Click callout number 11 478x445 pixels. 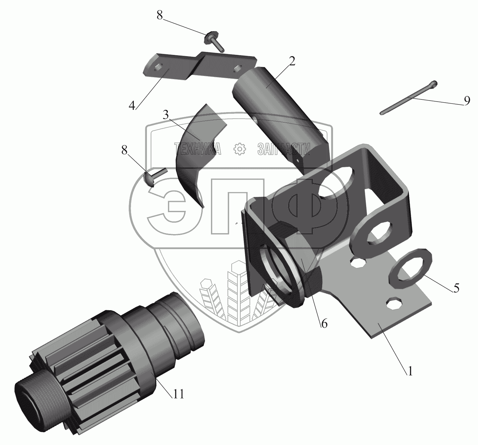coord(178,394)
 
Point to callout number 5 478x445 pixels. coord(456,288)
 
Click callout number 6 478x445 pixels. coord(324,324)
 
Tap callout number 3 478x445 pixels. coord(166,115)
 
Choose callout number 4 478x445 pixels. coord(132,105)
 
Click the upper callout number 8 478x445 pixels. coord(160,15)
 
